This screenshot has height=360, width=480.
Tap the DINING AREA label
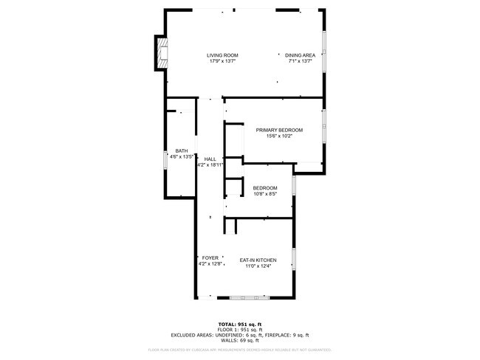click(301, 55)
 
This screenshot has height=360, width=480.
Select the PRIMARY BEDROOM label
click(279, 130)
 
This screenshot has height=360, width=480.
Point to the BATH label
click(181, 151)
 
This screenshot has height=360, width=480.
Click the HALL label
click(210, 159)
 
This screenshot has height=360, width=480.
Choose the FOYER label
click(210, 257)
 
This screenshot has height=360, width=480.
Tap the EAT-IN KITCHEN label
click(258, 260)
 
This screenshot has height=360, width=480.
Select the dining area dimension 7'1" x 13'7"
click(301, 61)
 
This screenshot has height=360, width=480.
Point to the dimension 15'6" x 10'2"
click(279, 136)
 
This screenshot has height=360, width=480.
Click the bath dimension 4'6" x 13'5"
click(181, 157)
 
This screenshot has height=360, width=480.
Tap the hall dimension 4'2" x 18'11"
click(210, 165)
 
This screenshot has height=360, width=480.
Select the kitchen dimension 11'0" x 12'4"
click(258, 266)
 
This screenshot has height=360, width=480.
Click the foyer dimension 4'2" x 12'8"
click(210, 263)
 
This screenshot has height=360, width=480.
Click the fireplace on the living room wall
click(160, 53)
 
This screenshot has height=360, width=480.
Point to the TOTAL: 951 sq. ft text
click(239, 324)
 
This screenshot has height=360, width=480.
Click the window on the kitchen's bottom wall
click(250, 297)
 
